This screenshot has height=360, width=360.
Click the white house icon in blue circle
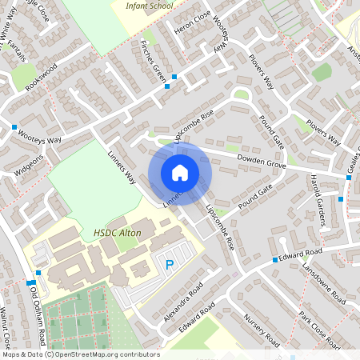180,172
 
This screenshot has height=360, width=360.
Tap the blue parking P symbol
169,265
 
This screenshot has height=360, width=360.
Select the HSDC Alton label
111,233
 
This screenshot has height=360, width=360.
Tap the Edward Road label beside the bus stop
302,254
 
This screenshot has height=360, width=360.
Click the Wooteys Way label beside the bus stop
40,140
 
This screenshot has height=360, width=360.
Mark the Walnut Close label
7,324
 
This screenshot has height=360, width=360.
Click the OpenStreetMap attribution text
80,354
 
